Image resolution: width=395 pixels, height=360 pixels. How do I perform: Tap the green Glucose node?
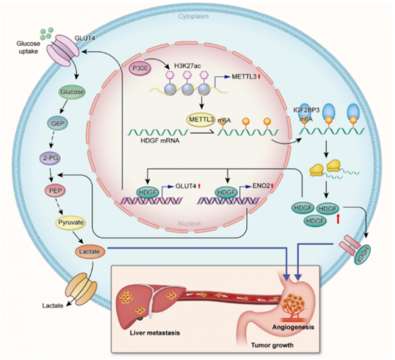[70, 92]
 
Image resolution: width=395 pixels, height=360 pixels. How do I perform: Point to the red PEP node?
[70, 190]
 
